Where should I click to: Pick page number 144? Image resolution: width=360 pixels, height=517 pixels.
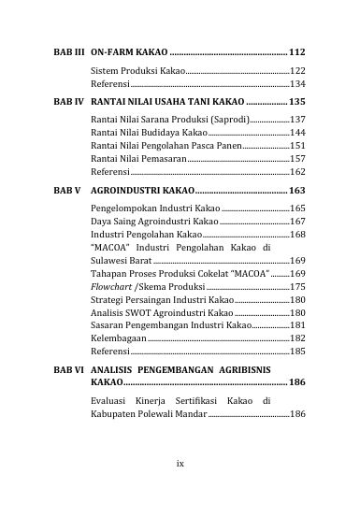298,134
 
